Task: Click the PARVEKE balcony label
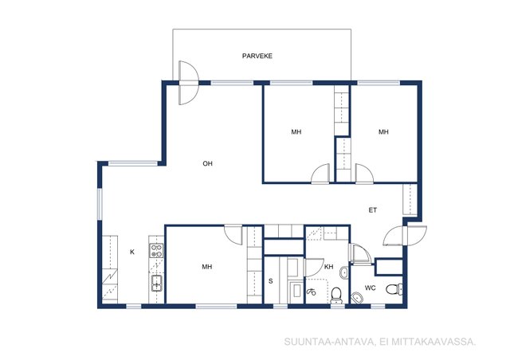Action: (257, 56)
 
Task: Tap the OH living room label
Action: (207, 163)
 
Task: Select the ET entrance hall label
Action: (372, 210)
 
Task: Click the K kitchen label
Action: (132, 252)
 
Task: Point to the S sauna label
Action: (271, 281)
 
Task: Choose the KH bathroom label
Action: (329, 267)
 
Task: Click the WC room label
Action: (370, 288)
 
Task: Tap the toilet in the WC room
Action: (394, 289)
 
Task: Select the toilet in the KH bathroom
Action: (336, 295)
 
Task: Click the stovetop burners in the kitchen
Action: (156, 251)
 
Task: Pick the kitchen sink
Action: (157, 283)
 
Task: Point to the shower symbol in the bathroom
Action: (312, 292)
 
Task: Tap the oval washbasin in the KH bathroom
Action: (343, 272)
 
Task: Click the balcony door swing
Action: (188, 83)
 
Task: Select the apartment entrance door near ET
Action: (405, 235)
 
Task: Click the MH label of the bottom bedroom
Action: (207, 267)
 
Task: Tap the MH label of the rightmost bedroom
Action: (383, 132)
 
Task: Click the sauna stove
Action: (296, 291)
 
